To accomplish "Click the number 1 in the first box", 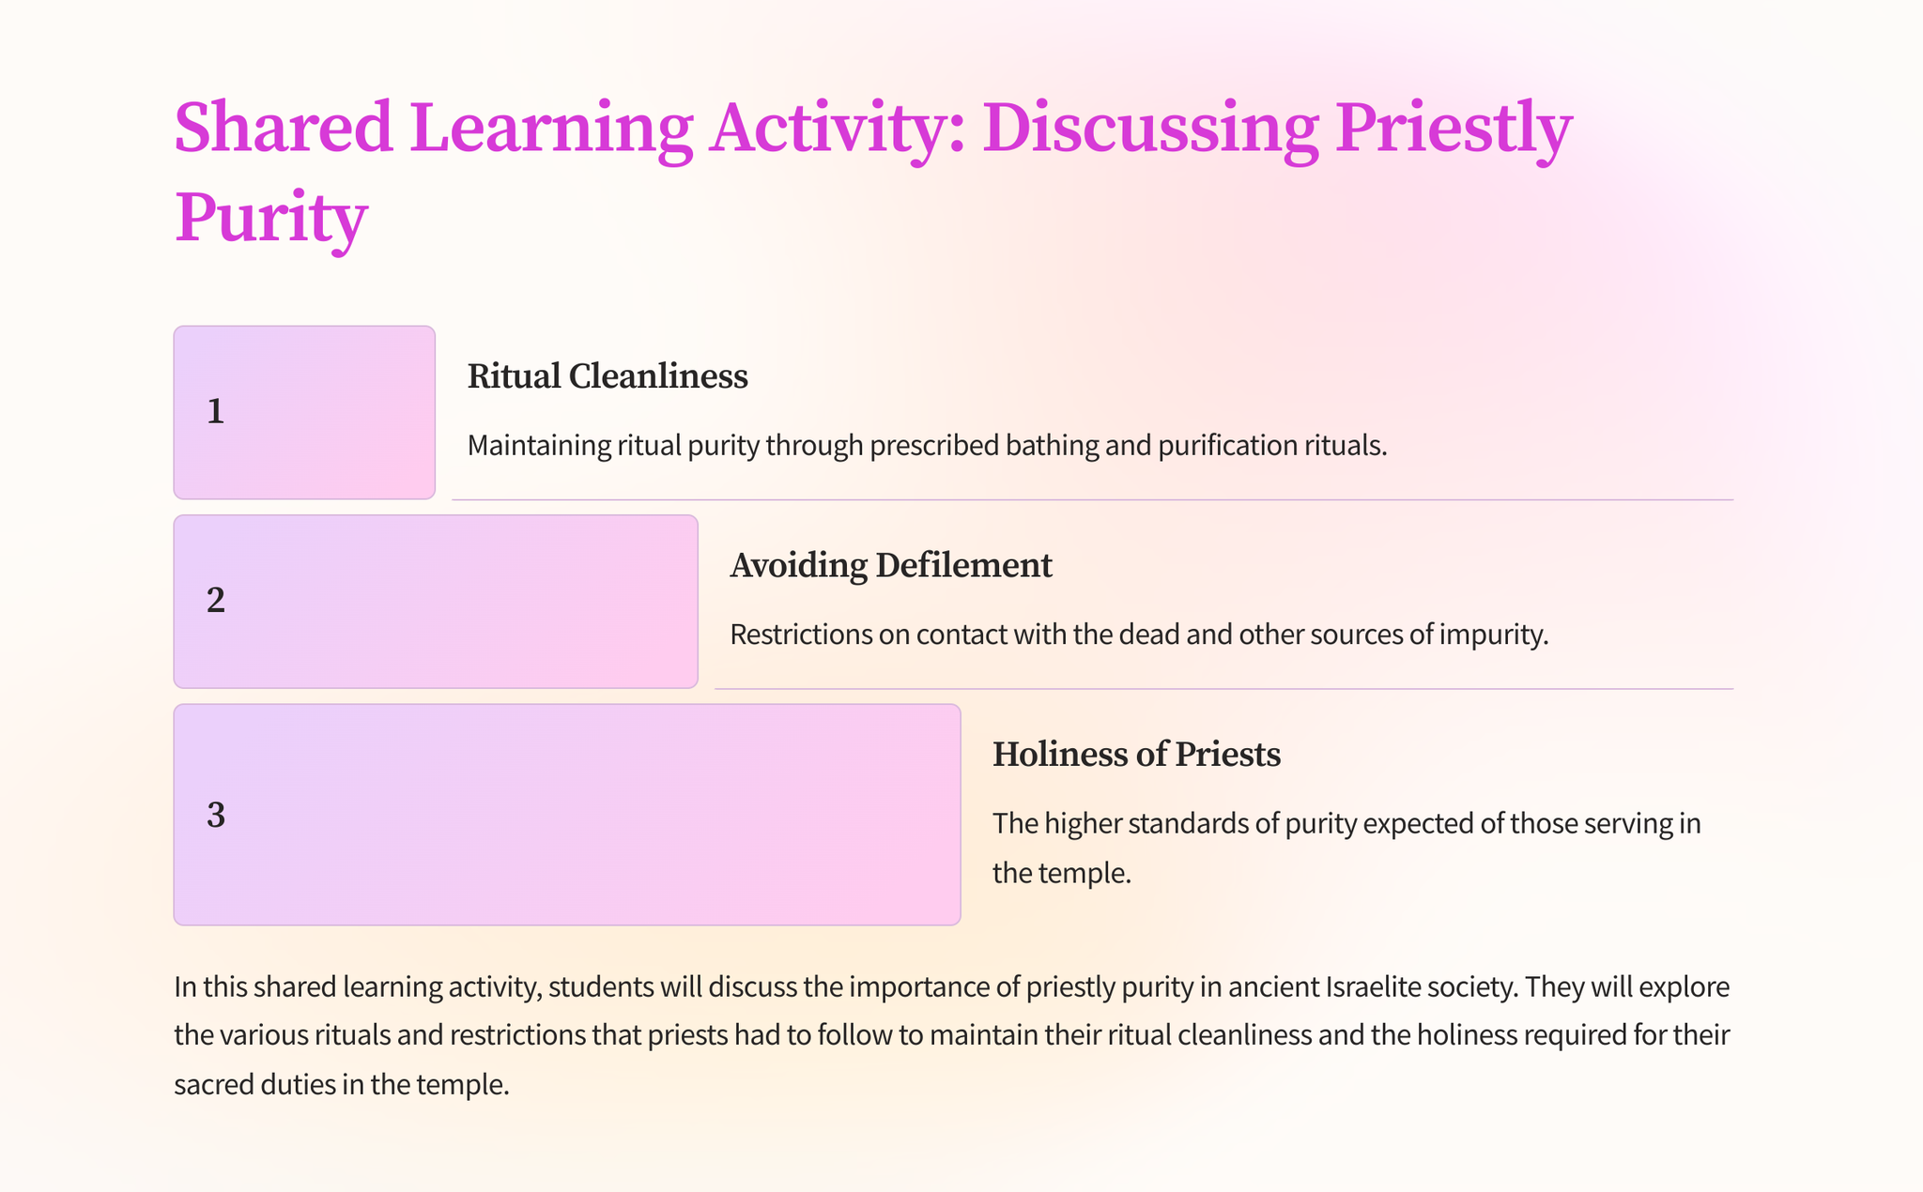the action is point(216,412).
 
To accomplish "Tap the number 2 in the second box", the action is point(216,601).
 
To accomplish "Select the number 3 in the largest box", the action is point(216,816).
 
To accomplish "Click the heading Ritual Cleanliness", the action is point(608,376).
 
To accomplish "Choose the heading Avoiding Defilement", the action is point(891,565).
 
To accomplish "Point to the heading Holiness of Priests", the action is point(1136,755).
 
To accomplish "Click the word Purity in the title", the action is point(270,218).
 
